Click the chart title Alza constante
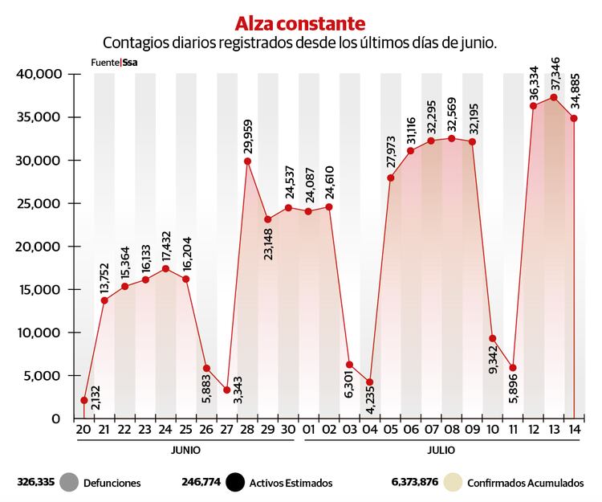[300, 22]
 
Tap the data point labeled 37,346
[553, 97]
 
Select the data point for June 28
[248, 161]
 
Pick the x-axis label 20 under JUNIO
[84, 430]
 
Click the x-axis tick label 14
[573, 430]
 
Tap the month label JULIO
[441, 451]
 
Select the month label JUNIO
[185, 451]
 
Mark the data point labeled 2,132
[84, 400]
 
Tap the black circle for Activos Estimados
[234, 483]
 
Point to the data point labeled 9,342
[492, 338]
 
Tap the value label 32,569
[451, 115]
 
